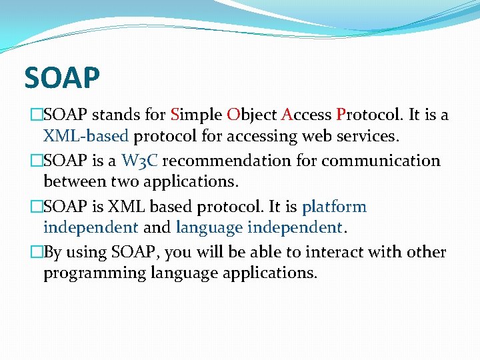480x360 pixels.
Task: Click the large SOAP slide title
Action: [x=62, y=78]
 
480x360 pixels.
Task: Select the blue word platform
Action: [x=334, y=207]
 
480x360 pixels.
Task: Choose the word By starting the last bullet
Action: [x=53, y=252]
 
